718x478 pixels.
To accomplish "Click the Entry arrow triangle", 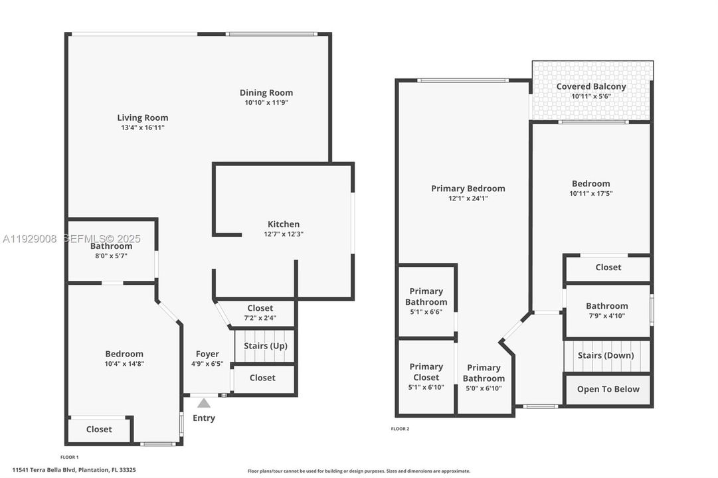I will click(x=204, y=403).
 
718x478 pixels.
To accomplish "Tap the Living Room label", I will click(x=143, y=118).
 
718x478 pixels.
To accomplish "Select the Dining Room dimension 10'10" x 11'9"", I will click(x=266, y=103).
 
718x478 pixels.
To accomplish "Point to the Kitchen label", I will click(x=284, y=224).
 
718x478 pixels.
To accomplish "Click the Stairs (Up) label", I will click(x=266, y=346).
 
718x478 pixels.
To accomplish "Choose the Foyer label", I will click(x=207, y=354).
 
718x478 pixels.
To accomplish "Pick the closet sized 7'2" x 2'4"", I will click(x=260, y=318).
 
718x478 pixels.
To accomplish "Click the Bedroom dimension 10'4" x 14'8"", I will click(x=124, y=364).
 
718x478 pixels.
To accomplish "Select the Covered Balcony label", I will click(x=591, y=86).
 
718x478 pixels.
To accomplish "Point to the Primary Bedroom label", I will click(x=468, y=188).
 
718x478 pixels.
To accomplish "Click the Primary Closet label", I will click(x=426, y=372).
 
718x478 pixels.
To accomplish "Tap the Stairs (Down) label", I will click(x=606, y=355).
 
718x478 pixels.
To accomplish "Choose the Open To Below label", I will click(x=608, y=389).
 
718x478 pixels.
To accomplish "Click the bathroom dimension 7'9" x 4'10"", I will click(x=607, y=316).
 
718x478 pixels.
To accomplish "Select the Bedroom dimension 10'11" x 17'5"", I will click(x=591, y=194).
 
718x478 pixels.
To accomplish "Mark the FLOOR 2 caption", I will click(x=400, y=429).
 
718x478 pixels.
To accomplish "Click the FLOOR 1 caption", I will click(x=69, y=457).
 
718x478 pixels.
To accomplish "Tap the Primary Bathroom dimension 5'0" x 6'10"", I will click(x=484, y=388).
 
